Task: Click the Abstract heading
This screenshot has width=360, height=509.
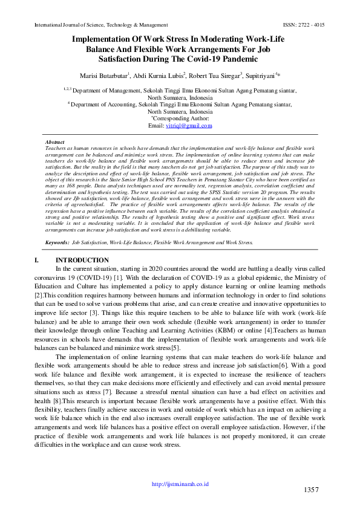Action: point(55,141)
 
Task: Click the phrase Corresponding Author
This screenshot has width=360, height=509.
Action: point(181,118)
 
